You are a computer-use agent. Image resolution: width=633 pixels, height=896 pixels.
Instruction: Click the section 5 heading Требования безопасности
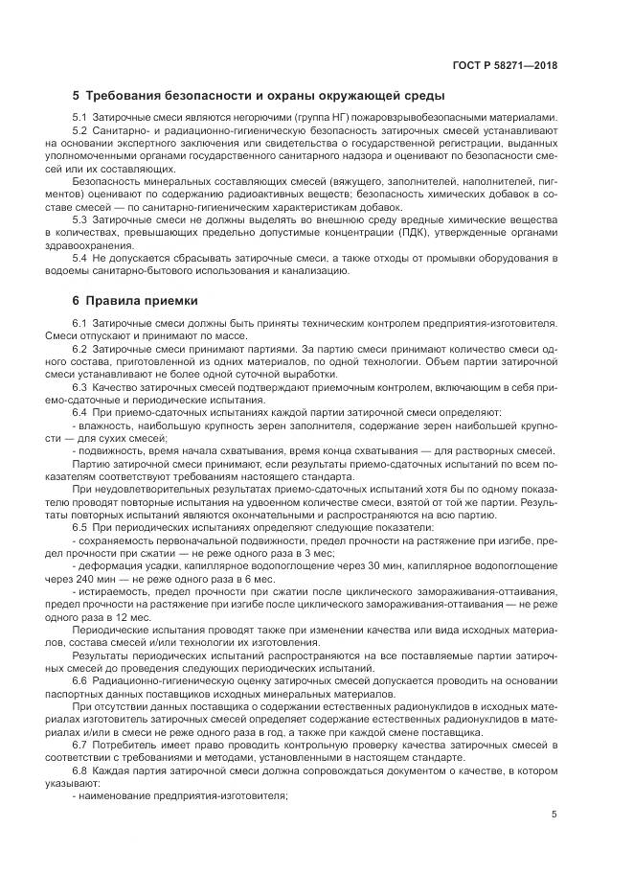(x=258, y=96)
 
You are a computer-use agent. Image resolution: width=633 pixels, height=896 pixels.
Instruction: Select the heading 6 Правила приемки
(x=135, y=300)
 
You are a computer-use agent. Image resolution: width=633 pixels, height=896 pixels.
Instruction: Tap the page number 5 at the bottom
(x=554, y=814)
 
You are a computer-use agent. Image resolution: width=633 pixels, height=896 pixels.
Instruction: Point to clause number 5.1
(x=79, y=118)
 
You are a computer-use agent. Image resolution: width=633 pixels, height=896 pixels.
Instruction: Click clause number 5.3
(x=79, y=219)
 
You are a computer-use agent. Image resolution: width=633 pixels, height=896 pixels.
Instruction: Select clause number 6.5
(x=79, y=528)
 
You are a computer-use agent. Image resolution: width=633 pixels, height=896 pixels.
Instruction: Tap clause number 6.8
(x=79, y=770)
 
